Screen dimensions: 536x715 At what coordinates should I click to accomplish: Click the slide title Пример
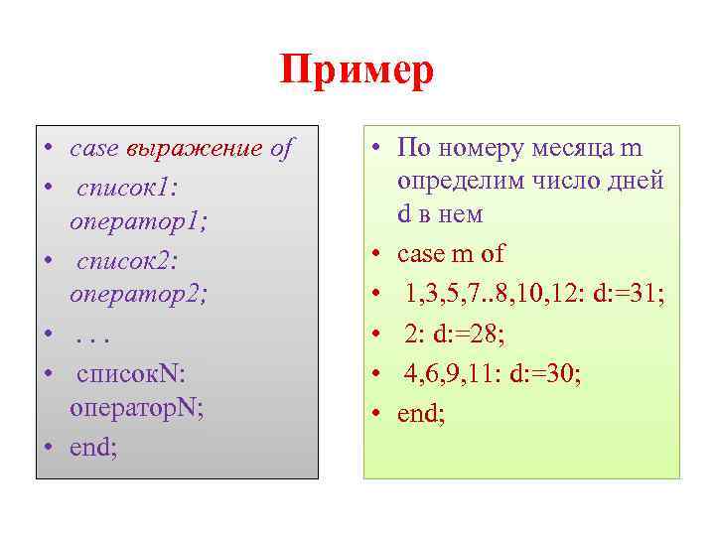(x=357, y=72)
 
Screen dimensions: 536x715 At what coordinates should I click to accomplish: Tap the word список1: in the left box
(x=126, y=187)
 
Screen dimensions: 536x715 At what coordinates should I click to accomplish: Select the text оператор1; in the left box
(x=139, y=222)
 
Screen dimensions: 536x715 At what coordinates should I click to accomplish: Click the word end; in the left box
(x=93, y=446)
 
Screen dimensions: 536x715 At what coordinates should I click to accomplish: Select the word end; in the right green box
(x=421, y=411)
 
